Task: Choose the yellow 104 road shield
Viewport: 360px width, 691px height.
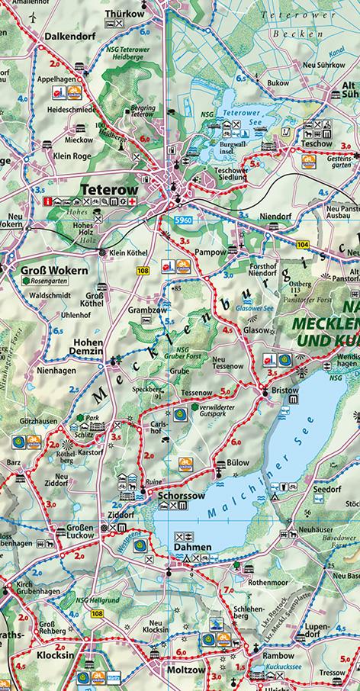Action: coord(304,243)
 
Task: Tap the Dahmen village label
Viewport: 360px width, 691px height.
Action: coord(190,546)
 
